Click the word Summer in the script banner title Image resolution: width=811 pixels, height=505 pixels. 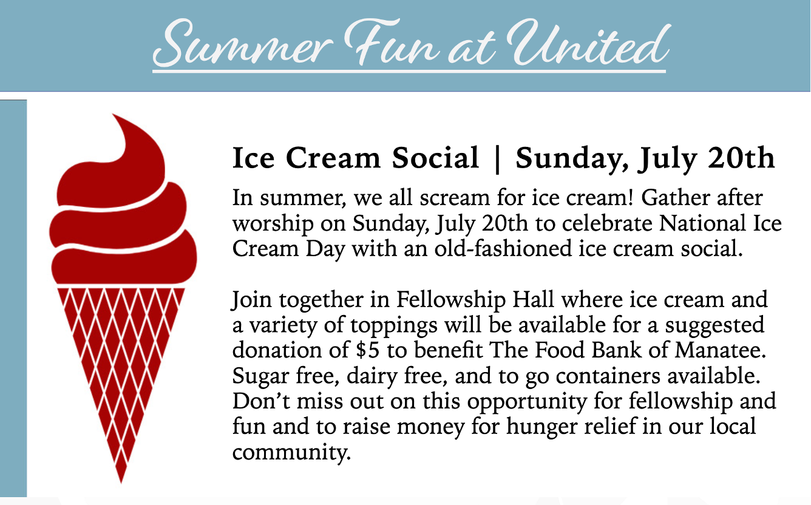tap(242, 44)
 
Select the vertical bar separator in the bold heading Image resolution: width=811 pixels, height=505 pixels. tap(497, 159)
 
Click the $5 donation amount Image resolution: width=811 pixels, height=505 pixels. tap(367, 350)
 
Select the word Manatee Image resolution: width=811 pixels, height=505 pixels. tap(721, 350)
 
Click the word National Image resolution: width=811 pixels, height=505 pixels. tap(702, 223)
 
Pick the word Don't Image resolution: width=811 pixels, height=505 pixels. tap(261, 401)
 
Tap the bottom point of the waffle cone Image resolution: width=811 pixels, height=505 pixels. tap(121, 483)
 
